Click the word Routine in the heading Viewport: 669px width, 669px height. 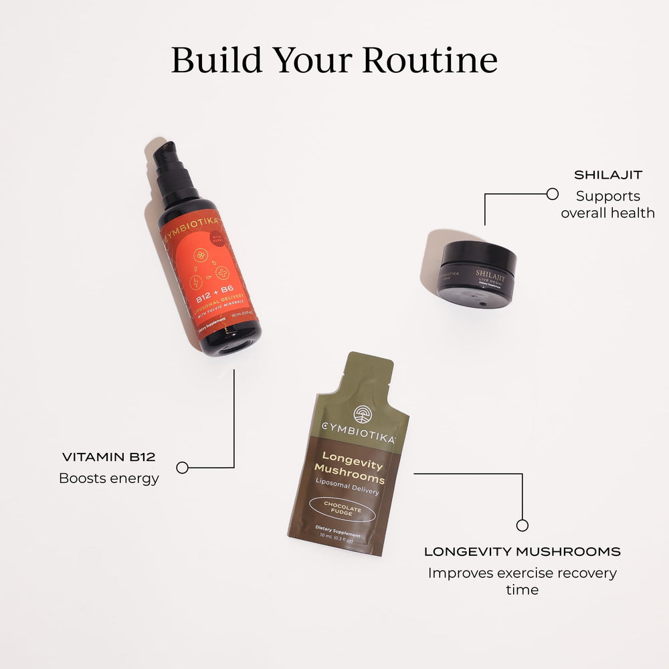430,60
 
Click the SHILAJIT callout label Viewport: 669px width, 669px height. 608,175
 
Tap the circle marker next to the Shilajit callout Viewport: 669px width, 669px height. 552,194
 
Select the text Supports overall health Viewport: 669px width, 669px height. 607,205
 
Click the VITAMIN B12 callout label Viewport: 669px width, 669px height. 108,458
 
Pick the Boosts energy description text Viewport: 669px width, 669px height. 109,478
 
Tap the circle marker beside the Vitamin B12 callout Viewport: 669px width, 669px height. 182,468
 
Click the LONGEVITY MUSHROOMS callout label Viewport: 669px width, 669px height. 522,552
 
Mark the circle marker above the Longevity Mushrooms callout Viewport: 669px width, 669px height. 522,525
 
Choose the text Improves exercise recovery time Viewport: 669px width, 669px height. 522,581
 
